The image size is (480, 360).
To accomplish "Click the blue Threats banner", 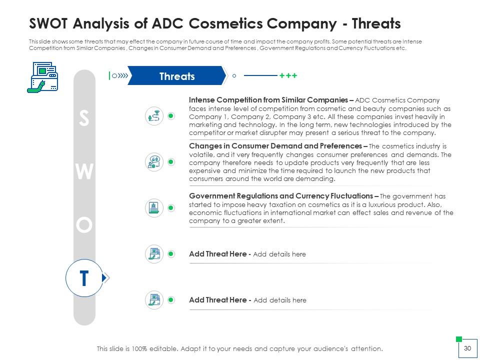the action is [x=177, y=75].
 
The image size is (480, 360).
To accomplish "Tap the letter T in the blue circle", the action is [x=84, y=278].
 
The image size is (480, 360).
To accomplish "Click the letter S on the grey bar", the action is [x=84, y=118].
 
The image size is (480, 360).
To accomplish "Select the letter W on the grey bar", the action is [x=84, y=171].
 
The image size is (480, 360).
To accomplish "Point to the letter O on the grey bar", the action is [x=84, y=225].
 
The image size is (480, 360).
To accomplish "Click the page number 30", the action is [x=467, y=348].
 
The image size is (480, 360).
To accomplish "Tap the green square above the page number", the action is [x=459, y=339].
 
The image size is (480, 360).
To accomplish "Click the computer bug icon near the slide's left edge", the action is [x=42, y=77].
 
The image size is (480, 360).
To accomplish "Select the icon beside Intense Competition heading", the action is [x=154, y=116].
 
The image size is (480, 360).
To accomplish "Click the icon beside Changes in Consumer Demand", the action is [x=154, y=162].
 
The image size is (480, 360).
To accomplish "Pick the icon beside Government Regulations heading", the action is [x=154, y=208].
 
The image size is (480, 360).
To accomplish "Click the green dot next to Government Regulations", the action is [x=171, y=208].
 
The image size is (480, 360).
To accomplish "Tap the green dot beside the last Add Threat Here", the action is [x=171, y=299].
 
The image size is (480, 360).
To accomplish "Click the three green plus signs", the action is [x=288, y=75].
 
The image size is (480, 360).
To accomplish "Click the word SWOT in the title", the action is [x=48, y=23].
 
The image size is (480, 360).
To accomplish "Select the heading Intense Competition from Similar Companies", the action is [x=268, y=100].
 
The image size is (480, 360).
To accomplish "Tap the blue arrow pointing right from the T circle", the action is [x=105, y=277].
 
